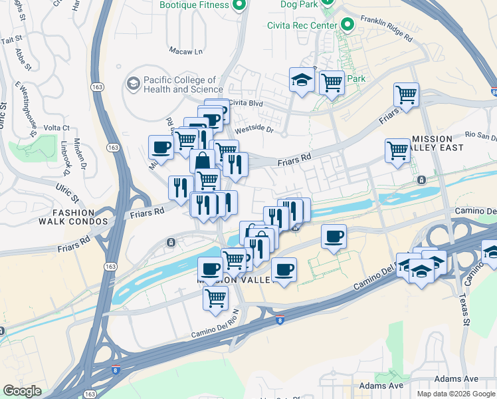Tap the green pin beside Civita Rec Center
(346, 25)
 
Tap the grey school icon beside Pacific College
(133, 84)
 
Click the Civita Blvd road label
(247, 103)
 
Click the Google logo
(22, 391)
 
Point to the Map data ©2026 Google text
(456, 394)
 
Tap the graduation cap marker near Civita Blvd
(302, 81)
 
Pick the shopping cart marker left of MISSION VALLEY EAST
(397, 150)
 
